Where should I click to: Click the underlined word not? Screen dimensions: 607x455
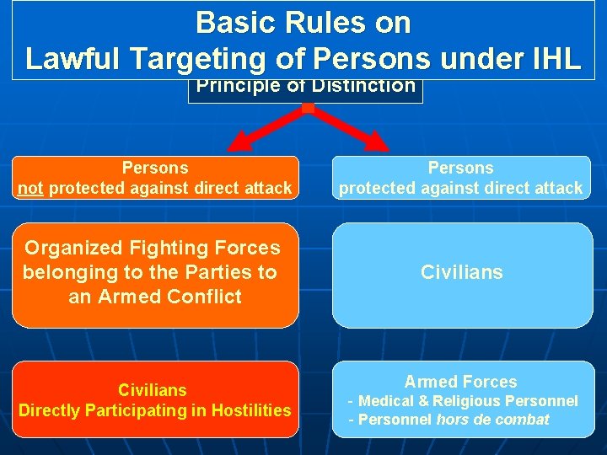(x=31, y=189)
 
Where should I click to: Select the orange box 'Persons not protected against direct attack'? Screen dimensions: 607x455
(x=155, y=178)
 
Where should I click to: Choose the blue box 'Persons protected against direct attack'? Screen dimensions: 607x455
(x=460, y=178)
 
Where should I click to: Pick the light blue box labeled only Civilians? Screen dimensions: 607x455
(x=462, y=275)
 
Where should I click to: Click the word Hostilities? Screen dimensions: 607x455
(x=250, y=410)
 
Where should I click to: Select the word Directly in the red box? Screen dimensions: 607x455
(x=48, y=410)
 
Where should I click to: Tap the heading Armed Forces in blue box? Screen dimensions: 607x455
(x=460, y=382)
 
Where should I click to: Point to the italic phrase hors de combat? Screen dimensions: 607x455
(x=493, y=420)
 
